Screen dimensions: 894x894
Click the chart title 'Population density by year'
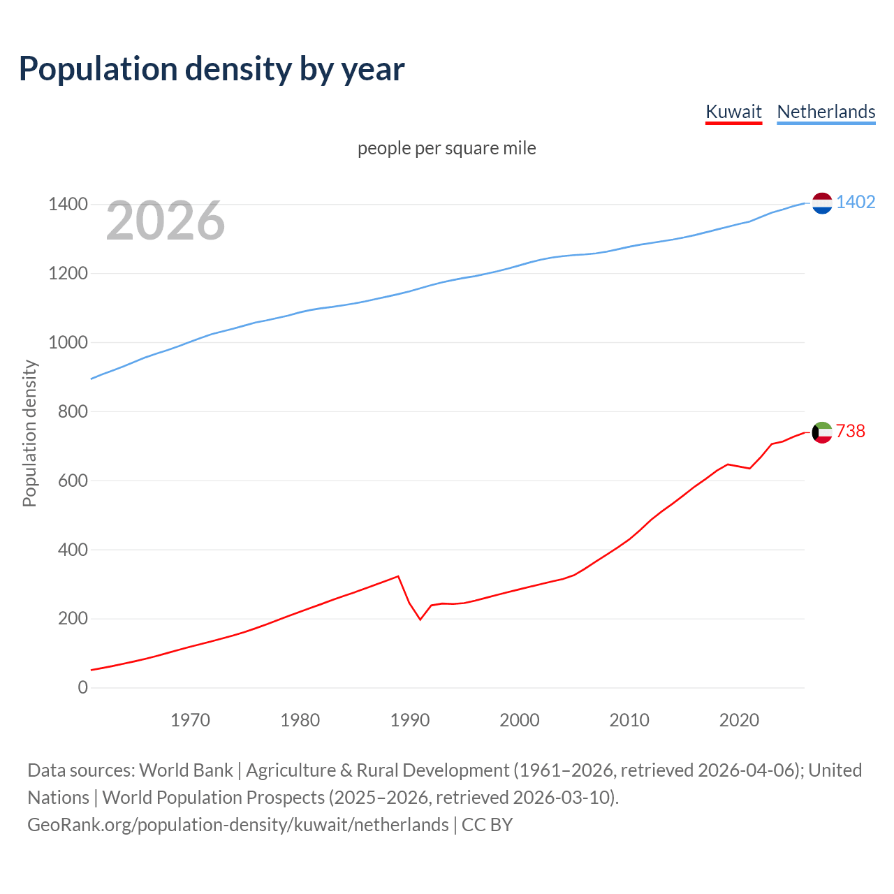click(212, 69)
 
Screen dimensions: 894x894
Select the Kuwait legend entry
click(733, 112)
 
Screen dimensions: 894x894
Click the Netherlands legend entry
click(826, 112)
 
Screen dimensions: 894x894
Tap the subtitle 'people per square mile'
click(446, 148)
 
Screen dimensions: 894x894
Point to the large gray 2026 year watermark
click(166, 221)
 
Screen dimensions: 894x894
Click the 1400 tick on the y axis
click(68, 205)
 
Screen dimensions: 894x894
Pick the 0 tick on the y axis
click(83, 687)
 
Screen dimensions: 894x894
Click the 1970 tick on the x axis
click(190, 720)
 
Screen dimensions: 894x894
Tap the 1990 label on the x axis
click(410, 720)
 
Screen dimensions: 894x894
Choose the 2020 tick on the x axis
click(739, 720)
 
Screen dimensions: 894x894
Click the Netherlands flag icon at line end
click(822, 203)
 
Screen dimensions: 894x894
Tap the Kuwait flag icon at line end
click(822, 432)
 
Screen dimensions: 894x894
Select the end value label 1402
click(856, 202)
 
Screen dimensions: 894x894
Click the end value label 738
click(850, 431)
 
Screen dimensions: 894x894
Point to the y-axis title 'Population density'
click(29, 433)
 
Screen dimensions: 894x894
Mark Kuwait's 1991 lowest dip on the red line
click(420, 620)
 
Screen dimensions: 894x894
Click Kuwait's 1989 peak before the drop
click(398, 576)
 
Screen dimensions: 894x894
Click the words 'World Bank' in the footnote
click(186, 770)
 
